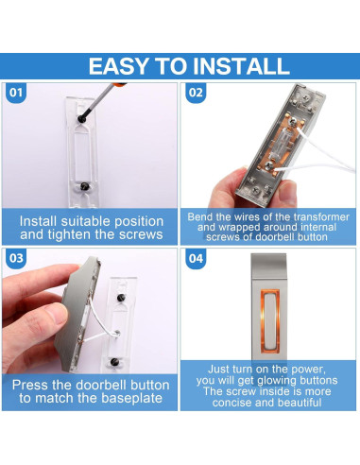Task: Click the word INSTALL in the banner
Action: [241, 66]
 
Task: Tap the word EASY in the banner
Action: [118, 66]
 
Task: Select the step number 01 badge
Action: [16, 93]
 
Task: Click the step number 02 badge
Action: [196, 93]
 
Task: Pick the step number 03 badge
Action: [16, 259]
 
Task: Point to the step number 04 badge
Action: [196, 259]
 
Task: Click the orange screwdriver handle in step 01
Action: [120, 84]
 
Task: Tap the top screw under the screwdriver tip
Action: [82, 119]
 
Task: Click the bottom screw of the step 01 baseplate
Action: [84, 186]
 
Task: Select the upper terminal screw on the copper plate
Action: [293, 121]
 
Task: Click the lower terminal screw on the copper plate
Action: [268, 165]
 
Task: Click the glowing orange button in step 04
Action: [270, 320]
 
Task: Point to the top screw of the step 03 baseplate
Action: [121, 298]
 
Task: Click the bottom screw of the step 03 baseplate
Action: [114, 362]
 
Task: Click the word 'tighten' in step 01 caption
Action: [69, 234]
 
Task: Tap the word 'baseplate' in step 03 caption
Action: [131, 398]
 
